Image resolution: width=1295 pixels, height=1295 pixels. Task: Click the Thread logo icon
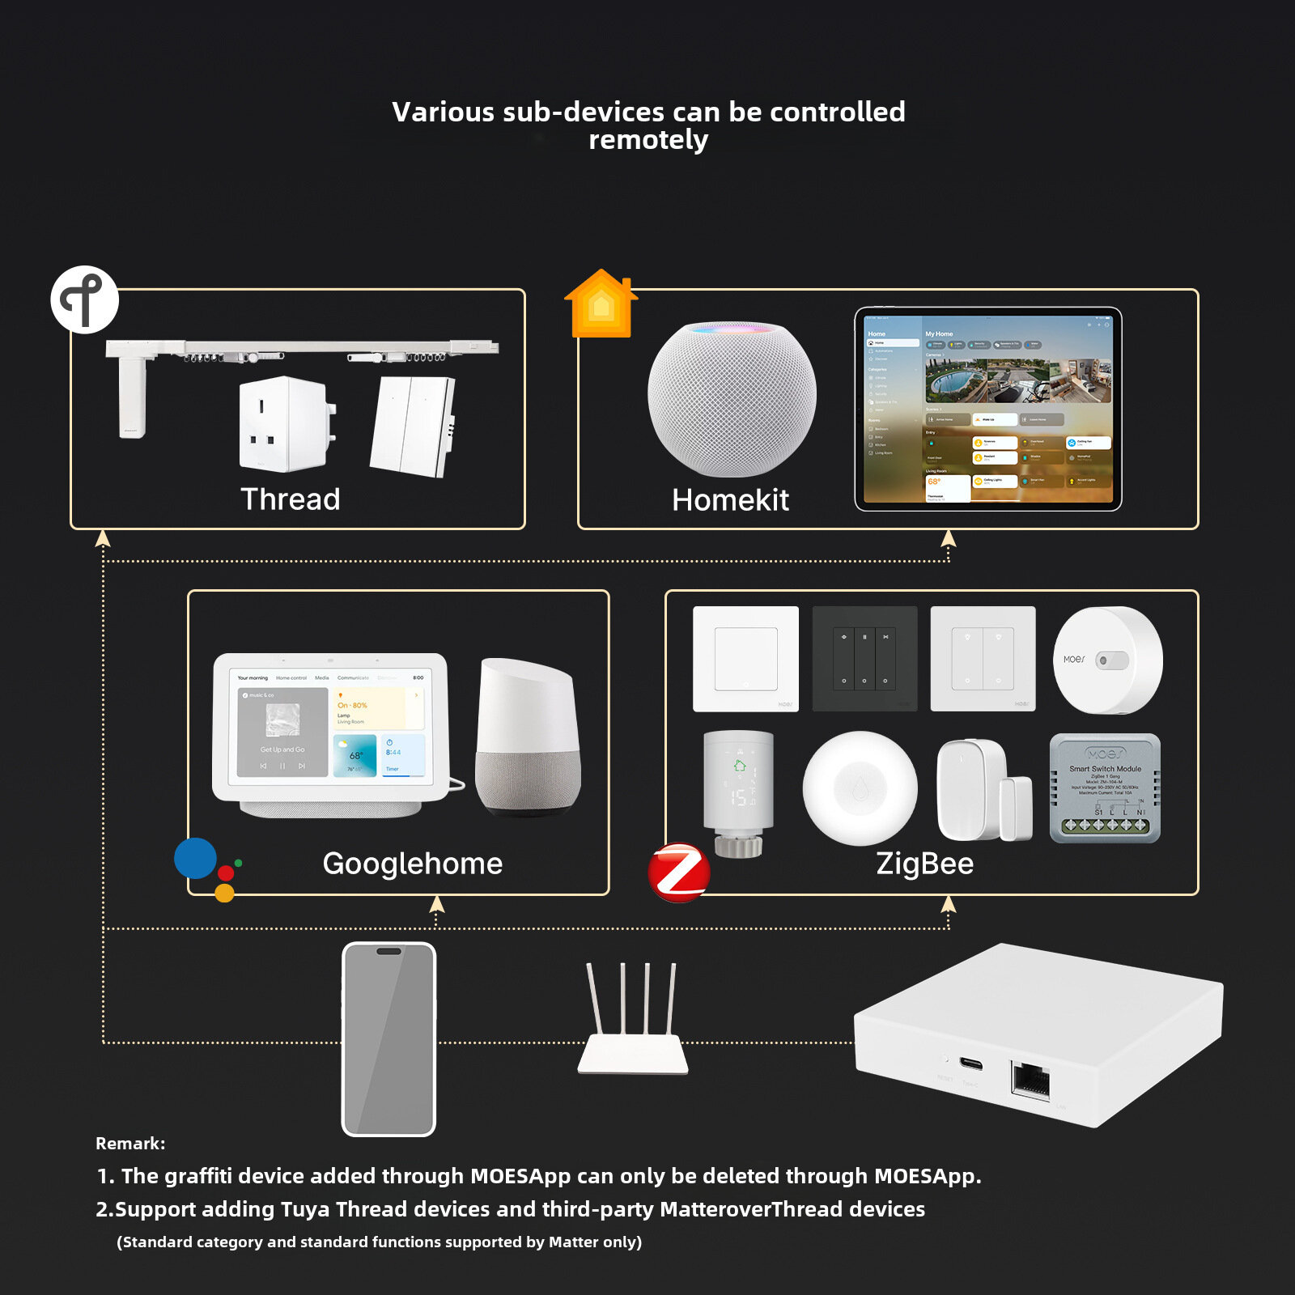pos(84,299)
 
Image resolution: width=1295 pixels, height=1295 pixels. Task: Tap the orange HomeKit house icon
pos(601,304)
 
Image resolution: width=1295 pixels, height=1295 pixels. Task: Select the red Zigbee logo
pos(679,873)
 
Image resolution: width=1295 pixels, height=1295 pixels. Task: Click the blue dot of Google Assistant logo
pos(195,858)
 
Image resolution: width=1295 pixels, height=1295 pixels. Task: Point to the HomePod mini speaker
pos(732,398)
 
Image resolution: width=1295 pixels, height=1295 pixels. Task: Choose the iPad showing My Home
pos(988,409)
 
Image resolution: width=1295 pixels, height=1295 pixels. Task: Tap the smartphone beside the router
pos(388,1039)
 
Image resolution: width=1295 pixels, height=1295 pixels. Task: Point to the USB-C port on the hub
pos(971,1063)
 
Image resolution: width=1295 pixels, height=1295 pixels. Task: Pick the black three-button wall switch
pos(864,659)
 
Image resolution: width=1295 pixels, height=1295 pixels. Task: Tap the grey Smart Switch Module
pos(1105,788)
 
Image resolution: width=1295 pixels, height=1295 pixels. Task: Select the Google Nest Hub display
pos(330,733)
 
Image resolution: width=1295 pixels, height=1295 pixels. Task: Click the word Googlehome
pos(412,864)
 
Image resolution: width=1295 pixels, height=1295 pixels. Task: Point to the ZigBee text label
pos(924,864)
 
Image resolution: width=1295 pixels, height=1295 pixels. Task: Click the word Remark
pos(129,1144)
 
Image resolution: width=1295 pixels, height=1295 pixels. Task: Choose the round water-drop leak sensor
pos(860,788)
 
